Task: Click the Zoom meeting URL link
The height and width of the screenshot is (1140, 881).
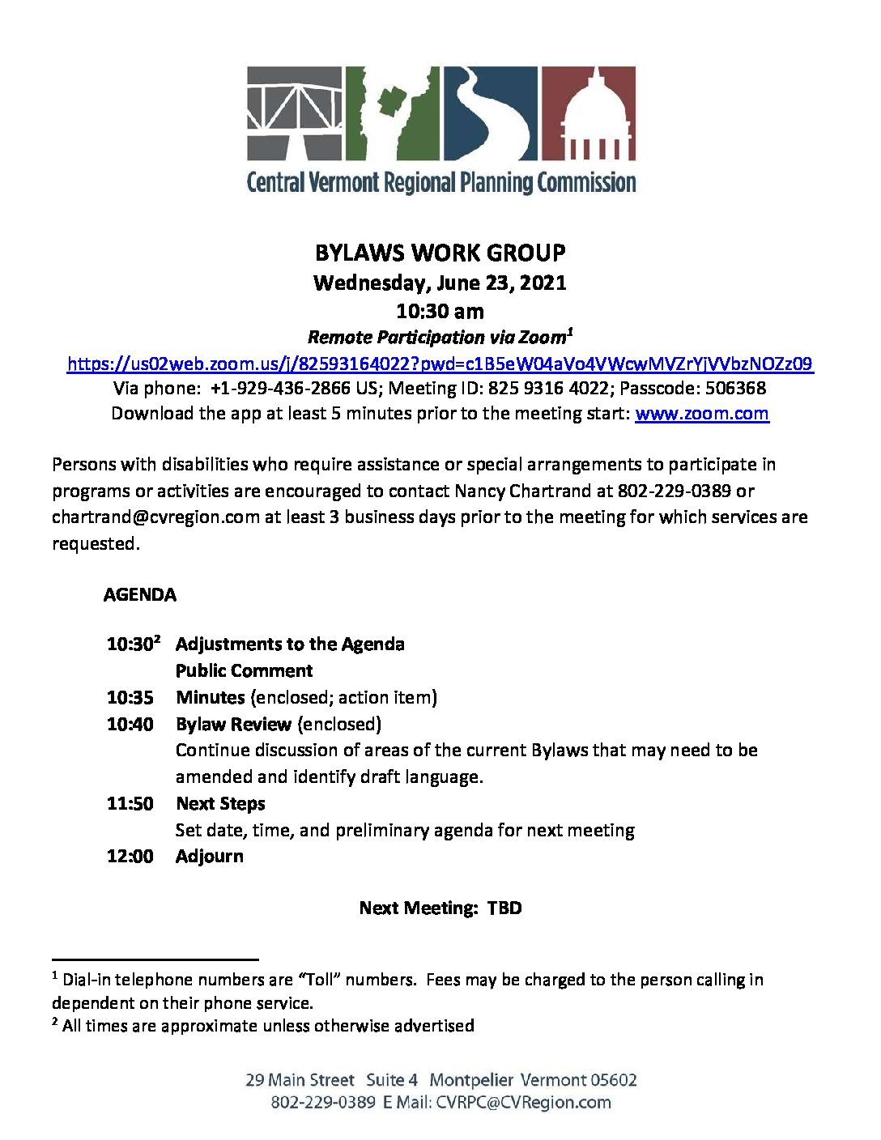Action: point(440,364)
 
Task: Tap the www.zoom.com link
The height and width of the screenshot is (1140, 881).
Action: point(701,414)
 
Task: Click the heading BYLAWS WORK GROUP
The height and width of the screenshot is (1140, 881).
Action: point(440,253)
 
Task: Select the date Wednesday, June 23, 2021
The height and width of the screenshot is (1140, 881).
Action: point(440,283)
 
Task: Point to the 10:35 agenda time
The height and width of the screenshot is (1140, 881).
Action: point(130,697)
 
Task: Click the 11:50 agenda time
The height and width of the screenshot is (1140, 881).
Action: point(130,803)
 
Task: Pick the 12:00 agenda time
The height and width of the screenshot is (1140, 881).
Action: point(130,856)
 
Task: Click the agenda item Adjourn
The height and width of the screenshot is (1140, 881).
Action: point(209,856)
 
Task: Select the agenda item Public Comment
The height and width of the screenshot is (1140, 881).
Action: point(244,670)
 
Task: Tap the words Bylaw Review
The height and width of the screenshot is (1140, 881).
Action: point(233,724)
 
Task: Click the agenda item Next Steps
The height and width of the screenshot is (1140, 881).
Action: point(220,803)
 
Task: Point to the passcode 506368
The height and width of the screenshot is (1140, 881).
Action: point(735,388)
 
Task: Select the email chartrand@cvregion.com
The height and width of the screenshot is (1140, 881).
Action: point(155,517)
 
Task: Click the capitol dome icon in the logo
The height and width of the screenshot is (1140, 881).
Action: point(589,113)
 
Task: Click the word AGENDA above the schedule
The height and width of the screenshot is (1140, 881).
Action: point(139,594)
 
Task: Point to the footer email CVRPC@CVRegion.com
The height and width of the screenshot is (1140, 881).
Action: point(523,1102)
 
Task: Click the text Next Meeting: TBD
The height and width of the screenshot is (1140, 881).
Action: point(440,908)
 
